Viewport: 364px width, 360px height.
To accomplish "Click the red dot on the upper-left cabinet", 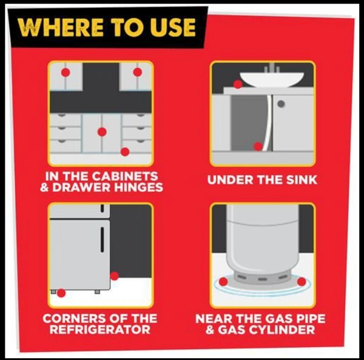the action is pos(66,72).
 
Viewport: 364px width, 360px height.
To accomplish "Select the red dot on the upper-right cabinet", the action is pos(138,72).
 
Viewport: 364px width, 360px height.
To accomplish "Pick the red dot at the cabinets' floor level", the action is pos(125,152).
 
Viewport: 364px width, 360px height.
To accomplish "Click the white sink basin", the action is pos(272,80).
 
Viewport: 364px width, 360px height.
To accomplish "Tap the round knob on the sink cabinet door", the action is pos(281,104).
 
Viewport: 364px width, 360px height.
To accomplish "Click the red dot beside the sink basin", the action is pos(238,84).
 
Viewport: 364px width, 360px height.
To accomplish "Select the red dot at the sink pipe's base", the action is pos(258,146).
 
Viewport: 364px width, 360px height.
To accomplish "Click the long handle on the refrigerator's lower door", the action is pos(102,240).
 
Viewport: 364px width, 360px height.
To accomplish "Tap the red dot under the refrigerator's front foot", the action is pos(61,293).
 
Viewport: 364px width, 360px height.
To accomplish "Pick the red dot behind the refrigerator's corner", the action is pos(114,276).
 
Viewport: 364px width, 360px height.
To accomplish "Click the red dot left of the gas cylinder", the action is pos(223,282).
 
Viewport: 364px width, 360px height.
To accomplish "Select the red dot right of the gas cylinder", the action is pos(302,282).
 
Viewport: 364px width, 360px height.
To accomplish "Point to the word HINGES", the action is pos(138,188).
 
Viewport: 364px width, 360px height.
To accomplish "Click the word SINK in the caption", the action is pos(302,180).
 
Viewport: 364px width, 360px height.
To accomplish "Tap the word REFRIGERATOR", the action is pos(100,330).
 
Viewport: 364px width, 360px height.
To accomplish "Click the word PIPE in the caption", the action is pos(309,319).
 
